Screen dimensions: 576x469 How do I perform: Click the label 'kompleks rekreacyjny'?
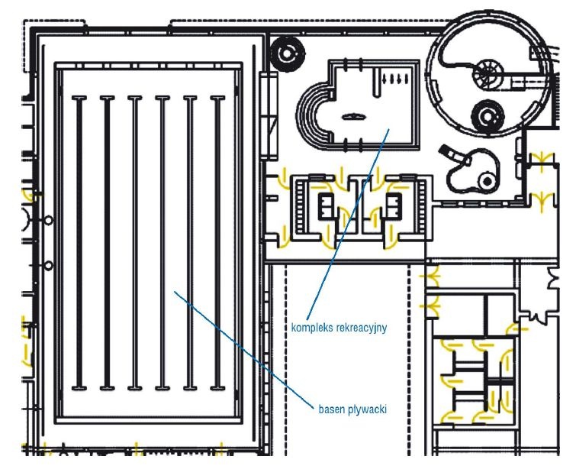(339, 328)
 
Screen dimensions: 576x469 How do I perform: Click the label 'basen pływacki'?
(352, 409)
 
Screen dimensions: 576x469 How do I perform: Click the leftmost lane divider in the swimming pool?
(79, 243)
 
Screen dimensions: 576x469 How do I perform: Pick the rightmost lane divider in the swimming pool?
(217, 243)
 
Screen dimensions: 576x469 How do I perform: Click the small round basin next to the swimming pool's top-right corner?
(288, 53)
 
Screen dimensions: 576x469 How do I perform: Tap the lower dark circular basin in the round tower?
(488, 116)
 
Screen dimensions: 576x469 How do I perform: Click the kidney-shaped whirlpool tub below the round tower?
(473, 170)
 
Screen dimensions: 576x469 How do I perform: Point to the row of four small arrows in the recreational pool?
(396, 79)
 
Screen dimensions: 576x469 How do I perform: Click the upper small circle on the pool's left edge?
(49, 220)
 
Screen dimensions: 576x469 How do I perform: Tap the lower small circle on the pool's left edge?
(49, 265)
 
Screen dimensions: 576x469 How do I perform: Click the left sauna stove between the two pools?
(326, 205)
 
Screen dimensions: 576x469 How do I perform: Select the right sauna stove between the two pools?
(394, 205)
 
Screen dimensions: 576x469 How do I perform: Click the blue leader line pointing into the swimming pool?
(244, 349)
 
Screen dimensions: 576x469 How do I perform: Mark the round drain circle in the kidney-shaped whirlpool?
(487, 181)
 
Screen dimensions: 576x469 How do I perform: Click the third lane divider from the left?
(134, 243)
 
